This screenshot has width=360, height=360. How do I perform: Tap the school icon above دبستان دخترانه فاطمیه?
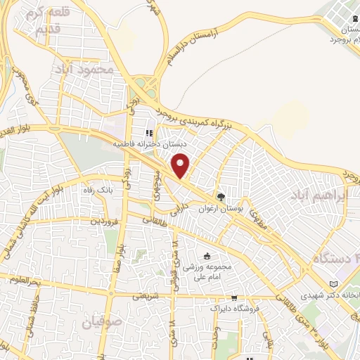click(149, 132)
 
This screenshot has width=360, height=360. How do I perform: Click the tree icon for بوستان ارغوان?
click(221, 198)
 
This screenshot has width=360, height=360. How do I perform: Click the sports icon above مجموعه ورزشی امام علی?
click(207, 256)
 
